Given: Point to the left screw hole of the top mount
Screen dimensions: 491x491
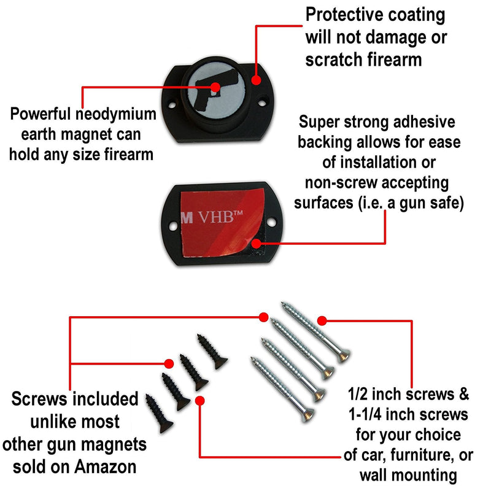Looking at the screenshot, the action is pos(172,104).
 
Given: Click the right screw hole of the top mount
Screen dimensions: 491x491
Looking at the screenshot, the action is pos(263,102).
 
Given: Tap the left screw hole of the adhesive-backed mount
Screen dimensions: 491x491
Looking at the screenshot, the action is pos(173,225).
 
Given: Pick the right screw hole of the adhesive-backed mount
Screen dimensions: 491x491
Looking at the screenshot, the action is pos(271,222).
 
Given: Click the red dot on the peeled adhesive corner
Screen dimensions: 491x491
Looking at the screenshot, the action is pos(256,243).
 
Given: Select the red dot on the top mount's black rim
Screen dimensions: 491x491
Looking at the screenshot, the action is pos(256,80).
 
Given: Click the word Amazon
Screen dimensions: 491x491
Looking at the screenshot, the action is pos(106,467).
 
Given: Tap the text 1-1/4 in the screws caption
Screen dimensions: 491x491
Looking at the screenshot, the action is pos(365,415).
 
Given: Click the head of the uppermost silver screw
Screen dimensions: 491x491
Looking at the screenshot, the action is pos(344,356).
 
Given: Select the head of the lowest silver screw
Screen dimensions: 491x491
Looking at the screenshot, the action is pos(308,416).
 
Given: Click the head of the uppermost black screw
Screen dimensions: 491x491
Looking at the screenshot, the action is pos(220,363).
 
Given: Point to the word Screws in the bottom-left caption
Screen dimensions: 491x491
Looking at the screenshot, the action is pos(39,400).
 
